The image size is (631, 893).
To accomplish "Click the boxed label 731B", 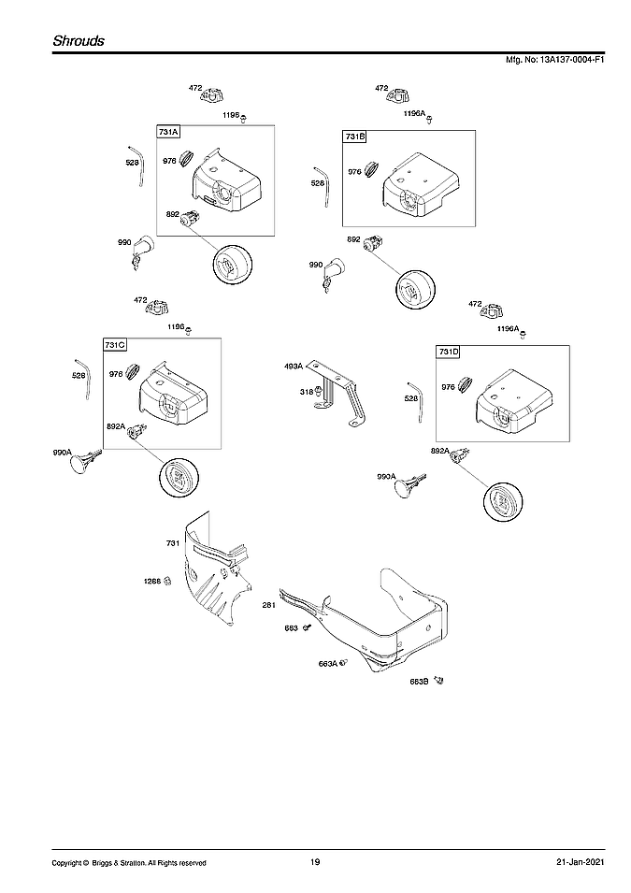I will click(x=355, y=137).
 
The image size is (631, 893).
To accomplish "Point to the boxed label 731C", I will click(x=115, y=345).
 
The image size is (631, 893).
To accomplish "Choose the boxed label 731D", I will click(x=449, y=352).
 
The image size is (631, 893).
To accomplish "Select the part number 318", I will click(x=305, y=392).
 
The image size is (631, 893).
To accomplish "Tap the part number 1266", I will click(x=151, y=581).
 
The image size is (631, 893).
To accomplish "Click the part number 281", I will click(x=268, y=605).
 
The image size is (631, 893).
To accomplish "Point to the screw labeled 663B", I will click(x=439, y=681).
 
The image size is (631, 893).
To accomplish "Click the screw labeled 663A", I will click(x=342, y=663).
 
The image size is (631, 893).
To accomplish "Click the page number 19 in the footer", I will click(x=315, y=862).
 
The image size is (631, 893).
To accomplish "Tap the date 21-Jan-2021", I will click(x=567, y=862).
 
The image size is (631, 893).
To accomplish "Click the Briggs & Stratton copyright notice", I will click(x=129, y=862).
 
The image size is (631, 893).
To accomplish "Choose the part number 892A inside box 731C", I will click(x=116, y=425).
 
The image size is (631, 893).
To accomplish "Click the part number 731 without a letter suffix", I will click(x=172, y=543).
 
